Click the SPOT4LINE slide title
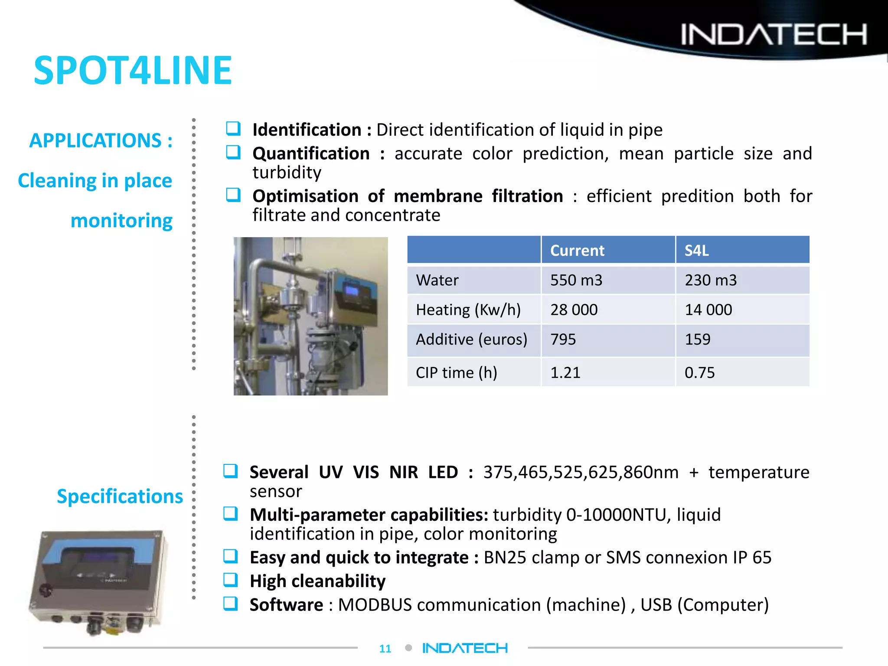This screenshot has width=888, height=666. (133, 70)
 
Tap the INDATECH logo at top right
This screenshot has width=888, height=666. (774, 35)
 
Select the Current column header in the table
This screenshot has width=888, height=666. (577, 251)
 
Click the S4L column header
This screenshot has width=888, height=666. (696, 251)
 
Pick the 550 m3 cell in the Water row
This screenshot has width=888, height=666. (576, 280)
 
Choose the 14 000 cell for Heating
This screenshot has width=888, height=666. (708, 310)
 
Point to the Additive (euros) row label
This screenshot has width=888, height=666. (471, 340)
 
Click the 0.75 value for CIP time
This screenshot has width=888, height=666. (699, 372)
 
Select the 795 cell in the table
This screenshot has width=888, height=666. (563, 340)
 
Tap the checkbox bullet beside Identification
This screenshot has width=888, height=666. (233, 128)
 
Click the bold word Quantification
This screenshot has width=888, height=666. (311, 153)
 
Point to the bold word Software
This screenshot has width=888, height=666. (286, 605)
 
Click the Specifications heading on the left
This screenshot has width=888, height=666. (120, 496)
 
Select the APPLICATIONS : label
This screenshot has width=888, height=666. (101, 140)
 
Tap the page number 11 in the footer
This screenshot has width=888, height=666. (385, 649)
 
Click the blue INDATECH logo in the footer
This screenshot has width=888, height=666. (465, 648)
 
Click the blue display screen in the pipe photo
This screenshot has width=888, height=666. (351, 290)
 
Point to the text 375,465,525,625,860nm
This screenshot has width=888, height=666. (581, 472)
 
